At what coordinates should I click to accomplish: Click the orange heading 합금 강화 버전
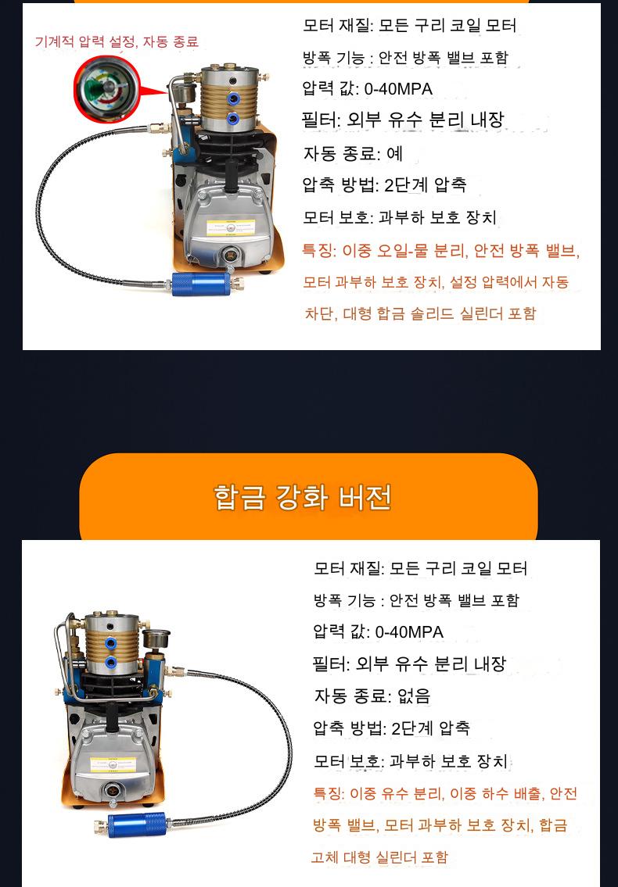[303, 497]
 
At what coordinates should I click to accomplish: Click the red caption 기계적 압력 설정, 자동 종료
[117, 41]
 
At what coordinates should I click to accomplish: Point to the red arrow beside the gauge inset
[153, 91]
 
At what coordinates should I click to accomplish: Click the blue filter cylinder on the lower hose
[137, 824]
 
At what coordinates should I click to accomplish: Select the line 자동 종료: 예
[352, 153]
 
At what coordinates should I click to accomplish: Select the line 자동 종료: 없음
[372, 696]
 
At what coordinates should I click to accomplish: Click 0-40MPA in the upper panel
[398, 89]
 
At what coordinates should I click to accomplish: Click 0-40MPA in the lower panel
[409, 632]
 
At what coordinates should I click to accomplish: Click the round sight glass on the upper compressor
[230, 253]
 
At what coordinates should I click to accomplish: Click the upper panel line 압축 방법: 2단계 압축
[385, 185]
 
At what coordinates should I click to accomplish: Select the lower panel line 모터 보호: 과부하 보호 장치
[411, 761]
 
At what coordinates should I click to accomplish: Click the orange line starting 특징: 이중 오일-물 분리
[441, 251]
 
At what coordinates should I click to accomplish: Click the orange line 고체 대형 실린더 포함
[379, 857]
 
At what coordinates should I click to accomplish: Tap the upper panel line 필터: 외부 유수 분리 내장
[403, 120]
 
